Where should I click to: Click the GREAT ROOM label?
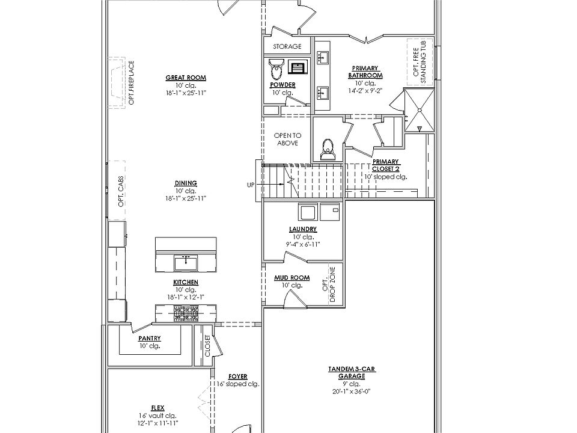point(186,78)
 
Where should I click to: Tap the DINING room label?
point(186,183)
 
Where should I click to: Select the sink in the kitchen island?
point(186,261)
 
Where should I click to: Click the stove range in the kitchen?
point(186,313)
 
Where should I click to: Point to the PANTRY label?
point(150,339)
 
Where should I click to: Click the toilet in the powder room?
point(276,69)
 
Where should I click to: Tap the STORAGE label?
point(287,46)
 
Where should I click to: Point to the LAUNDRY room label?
point(302,230)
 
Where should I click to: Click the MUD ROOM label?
point(292,278)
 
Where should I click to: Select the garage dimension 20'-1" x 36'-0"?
point(352,390)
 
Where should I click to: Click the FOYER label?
point(237,376)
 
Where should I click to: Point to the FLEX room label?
point(158,407)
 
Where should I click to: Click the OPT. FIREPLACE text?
point(131,82)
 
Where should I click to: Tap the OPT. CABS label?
point(121,194)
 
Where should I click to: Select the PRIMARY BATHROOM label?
point(365,72)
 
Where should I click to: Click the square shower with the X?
point(419,109)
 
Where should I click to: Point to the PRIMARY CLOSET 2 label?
point(385,165)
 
